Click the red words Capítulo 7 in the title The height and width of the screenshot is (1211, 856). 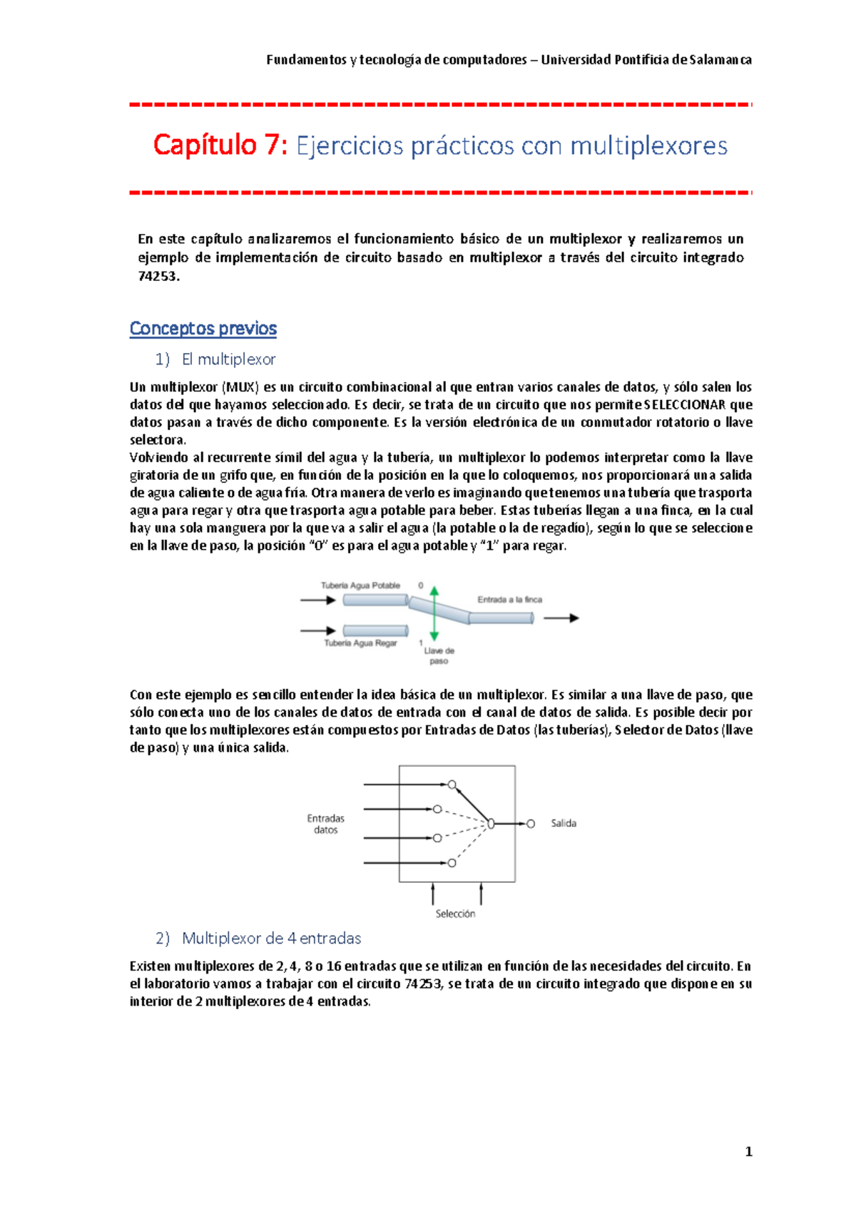click(x=220, y=145)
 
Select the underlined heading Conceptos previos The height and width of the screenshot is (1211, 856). click(x=203, y=329)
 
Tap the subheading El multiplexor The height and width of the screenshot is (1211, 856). click(x=228, y=359)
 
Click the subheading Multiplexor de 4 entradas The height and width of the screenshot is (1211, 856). click(x=271, y=939)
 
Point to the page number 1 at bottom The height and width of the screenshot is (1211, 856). click(x=748, y=1152)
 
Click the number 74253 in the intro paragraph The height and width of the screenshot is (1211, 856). click(x=157, y=277)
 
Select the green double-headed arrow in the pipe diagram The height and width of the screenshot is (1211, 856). click(x=434, y=613)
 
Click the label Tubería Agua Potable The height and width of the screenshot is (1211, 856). click(x=360, y=586)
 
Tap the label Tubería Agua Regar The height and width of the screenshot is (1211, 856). click(x=360, y=643)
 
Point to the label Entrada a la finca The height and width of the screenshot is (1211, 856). click(x=509, y=600)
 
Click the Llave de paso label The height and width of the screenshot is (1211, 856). click(x=439, y=655)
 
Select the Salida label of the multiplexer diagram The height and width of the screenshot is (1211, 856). click(x=564, y=824)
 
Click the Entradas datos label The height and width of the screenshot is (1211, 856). click(x=326, y=824)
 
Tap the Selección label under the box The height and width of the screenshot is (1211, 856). click(x=455, y=914)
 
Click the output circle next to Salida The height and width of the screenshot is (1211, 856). click(x=531, y=824)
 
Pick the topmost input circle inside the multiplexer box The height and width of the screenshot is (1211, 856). click(x=452, y=785)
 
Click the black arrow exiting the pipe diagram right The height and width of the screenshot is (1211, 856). click(x=561, y=618)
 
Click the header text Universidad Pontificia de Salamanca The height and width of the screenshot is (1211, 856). click(x=646, y=60)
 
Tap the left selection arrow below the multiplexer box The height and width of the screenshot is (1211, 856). click(x=433, y=894)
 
